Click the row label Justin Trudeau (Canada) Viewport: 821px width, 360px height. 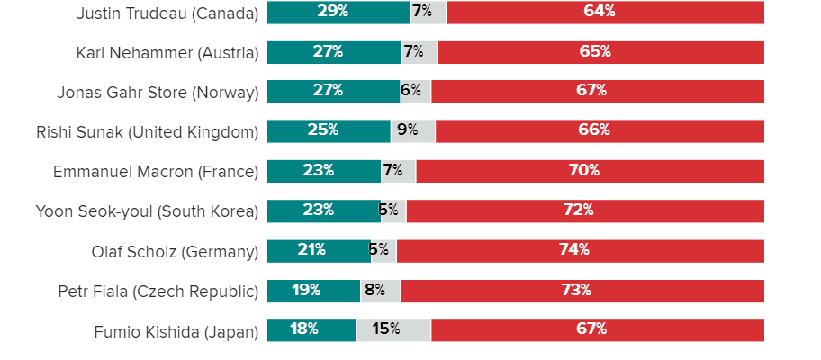[x=167, y=13]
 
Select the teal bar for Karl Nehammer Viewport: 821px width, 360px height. [x=334, y=52]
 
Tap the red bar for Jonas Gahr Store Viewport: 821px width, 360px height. [x=598, y=91]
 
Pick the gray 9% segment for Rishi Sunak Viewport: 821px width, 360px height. [x=412, y=130]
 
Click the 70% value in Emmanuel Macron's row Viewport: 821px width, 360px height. [x=590, y=170]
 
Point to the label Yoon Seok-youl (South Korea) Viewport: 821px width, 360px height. [x=147, y=211]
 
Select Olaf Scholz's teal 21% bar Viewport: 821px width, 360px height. [x=319, y=250]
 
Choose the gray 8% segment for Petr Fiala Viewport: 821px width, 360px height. [x=380, y=291]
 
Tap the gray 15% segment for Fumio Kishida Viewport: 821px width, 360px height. [x=393, y=329]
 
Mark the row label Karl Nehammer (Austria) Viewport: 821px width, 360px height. [x=167, y=53]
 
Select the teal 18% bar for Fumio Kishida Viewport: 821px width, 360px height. [x=311, y=329]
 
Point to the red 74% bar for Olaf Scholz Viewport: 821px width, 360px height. [x=581, y=250]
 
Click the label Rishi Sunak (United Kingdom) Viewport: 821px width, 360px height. [x=147, y=132]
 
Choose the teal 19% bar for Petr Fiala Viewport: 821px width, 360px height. [x=313, y=291]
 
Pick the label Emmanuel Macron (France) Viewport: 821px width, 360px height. [x=156, y=172]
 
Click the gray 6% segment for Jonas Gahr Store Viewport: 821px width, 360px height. [x=415, y=91]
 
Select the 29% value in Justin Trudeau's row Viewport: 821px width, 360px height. [x=333, y=12]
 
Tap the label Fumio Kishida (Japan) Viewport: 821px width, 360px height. [x=176, y=332]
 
